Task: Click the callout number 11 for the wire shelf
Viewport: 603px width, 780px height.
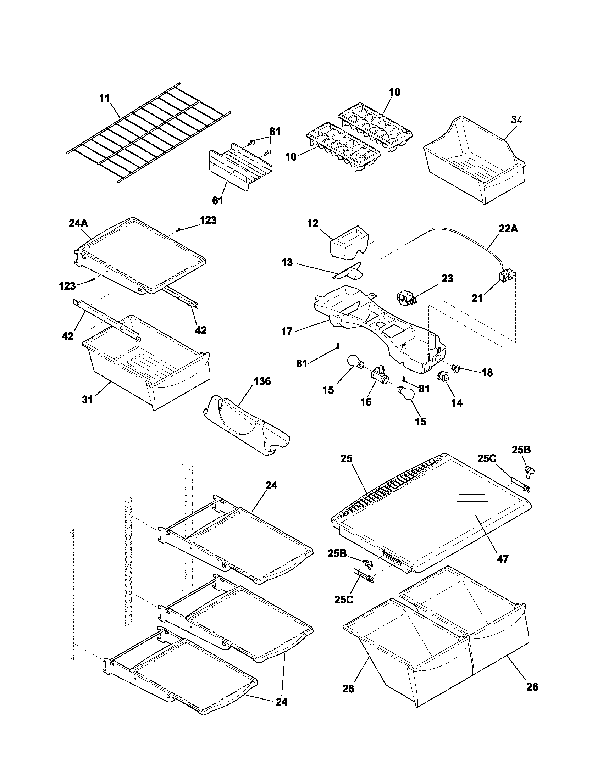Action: [104, 98]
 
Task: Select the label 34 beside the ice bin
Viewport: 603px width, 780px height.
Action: [516, 120]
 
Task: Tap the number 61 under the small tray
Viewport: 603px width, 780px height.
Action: [217, 201]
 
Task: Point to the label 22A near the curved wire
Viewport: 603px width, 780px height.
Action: [508, 229]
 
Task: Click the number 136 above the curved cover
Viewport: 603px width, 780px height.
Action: [262, 381]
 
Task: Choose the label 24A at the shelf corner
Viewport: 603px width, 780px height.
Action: [78, 223]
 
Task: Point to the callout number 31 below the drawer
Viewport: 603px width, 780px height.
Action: [87, 400]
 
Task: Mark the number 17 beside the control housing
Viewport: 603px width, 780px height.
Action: [287, 331]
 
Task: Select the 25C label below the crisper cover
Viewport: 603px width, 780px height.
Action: [343, 599]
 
